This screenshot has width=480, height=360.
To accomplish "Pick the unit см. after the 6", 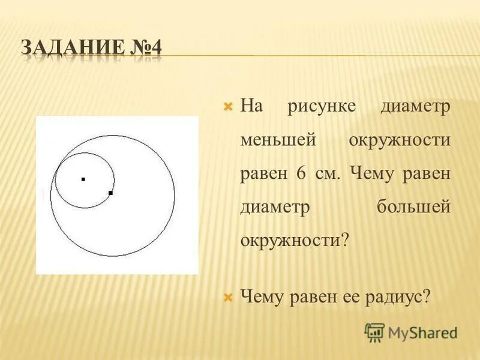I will pos(326,174).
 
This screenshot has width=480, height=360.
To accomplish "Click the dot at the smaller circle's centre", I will pos(83,179).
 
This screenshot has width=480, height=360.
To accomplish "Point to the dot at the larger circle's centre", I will pos(110,193).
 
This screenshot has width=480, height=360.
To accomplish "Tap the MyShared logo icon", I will pos(374,332).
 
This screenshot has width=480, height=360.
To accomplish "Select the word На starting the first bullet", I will pos(252,107).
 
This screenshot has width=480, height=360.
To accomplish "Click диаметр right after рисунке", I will pos(415,107).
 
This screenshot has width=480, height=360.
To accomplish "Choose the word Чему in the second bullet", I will pos(263,297).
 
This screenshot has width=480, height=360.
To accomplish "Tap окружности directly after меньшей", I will pos(398,140).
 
